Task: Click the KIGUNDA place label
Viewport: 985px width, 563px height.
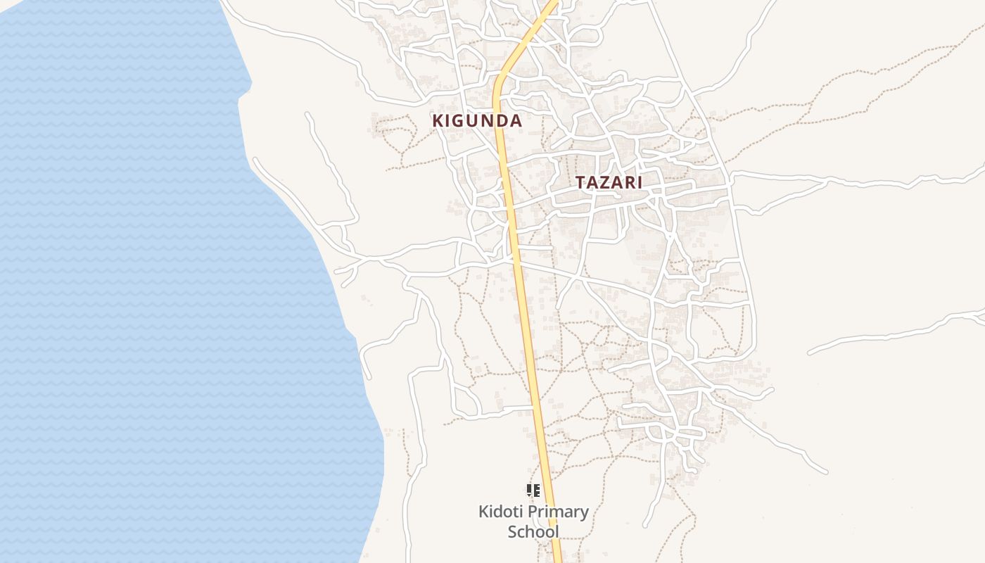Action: [x=477, y=120]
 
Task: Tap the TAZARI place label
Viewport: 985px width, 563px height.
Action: [x=609, y=182]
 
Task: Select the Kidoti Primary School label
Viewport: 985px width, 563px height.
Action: [x=533, y=521]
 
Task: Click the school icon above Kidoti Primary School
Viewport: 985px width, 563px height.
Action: [x=533, y=490]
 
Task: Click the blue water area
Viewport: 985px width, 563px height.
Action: [x=141, y=281]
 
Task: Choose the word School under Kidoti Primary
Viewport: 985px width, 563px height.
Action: [x=533, y=531]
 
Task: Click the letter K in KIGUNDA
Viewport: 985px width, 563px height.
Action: [x=438, y=120]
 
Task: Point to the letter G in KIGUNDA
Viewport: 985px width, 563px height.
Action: [x=458, y=120]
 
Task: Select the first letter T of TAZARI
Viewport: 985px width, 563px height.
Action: [x=581, y=182]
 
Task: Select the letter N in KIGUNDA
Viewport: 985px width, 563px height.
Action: [x=488, y=120]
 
